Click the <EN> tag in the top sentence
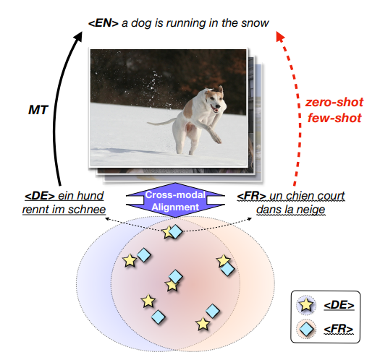point(104,23)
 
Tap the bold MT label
point(38,110)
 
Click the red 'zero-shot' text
point(334,102)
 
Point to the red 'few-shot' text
point(334,118)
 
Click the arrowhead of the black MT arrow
point(78,36)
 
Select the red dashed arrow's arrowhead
point(280,36)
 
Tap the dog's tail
point(162,121)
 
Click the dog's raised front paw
point(216,138)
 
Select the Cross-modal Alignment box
point(175,200)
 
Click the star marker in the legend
point(306,304)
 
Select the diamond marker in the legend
point(306,329)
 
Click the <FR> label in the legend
point(339,330)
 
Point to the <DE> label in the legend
point(339,305)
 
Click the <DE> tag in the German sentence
point(40,196)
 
